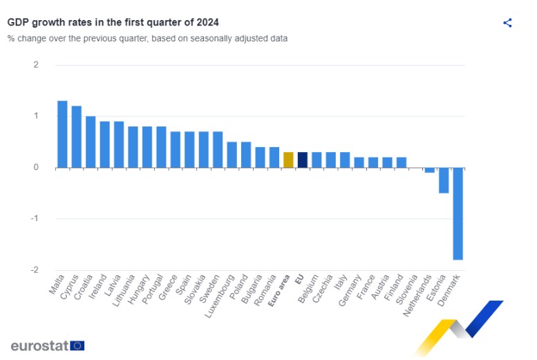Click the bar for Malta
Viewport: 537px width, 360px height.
coord(62,134)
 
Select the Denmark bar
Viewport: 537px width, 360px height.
coord(458,214)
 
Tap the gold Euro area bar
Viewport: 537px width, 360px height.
coord(288,160)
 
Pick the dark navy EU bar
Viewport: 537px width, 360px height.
coord(302,160)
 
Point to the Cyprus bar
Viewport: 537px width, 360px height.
coord(76,136)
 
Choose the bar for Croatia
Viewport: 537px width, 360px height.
coord(91,142)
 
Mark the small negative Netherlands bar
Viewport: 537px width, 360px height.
coord(430,170)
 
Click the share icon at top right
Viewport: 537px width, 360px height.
coord(507,23)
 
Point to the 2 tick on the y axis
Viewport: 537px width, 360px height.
coord(35,65)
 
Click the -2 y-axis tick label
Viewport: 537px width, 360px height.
coord(34,269)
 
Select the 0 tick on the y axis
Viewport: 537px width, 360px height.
coord(35,167)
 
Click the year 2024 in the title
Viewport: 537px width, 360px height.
coord(207,22)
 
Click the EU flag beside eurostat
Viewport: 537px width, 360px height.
coord(77,345)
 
